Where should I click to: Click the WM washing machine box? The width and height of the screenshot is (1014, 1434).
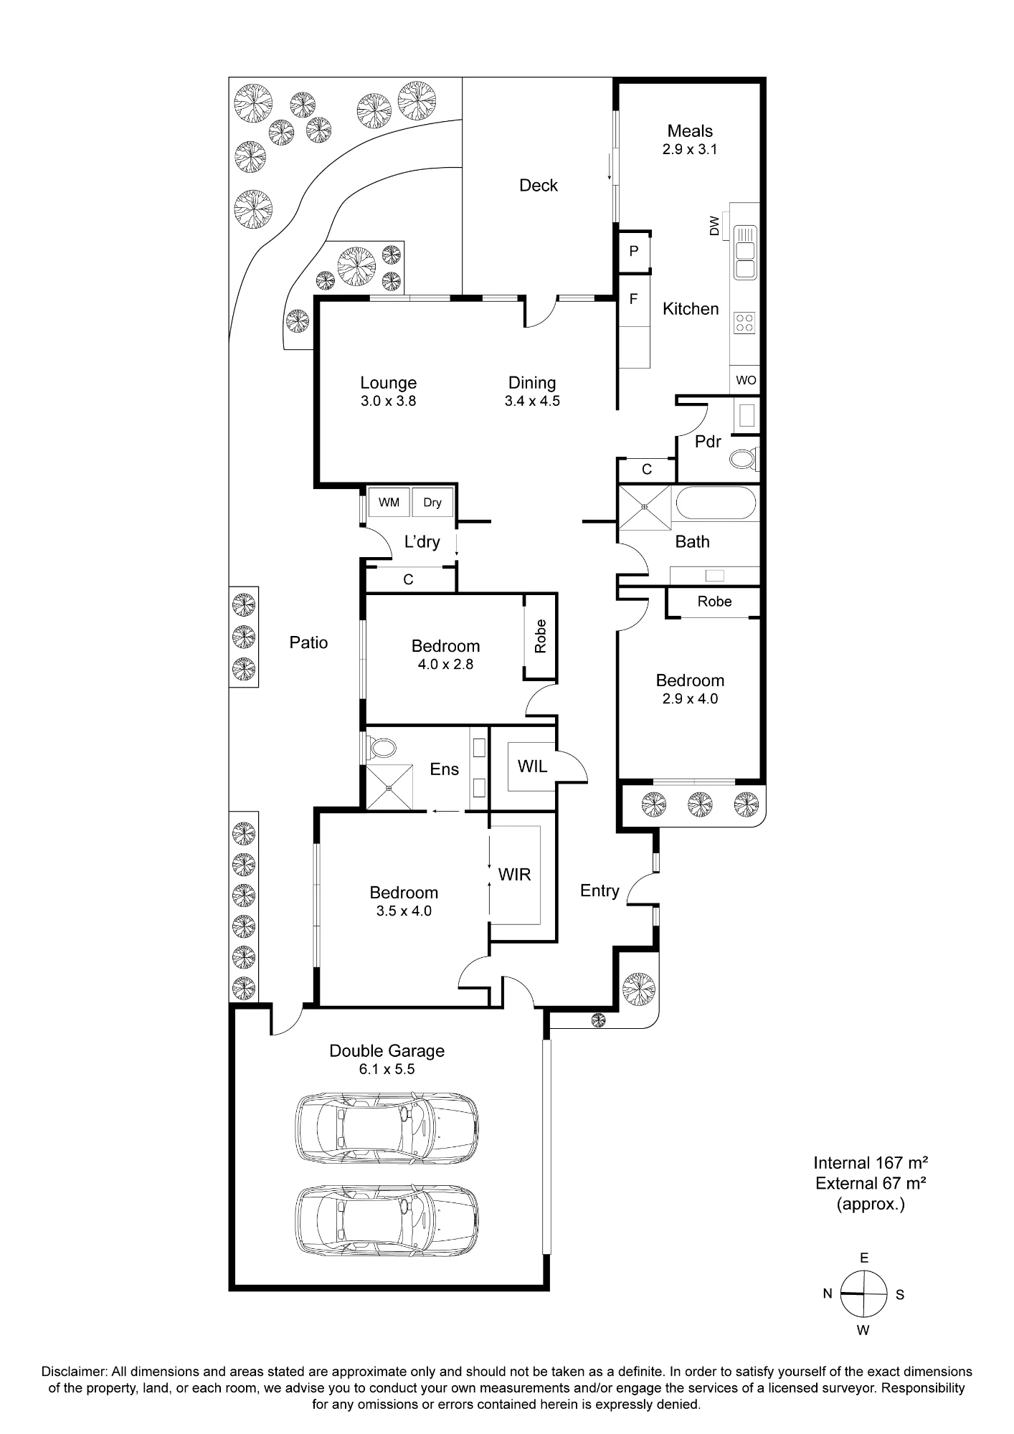[389, 502]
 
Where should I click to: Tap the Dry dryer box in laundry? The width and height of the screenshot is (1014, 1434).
[432, 502]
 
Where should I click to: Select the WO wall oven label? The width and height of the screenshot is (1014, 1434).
[746, 380]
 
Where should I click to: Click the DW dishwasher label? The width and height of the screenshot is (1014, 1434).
[714, 226]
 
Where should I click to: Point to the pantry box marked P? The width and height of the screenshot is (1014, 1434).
[634, 251]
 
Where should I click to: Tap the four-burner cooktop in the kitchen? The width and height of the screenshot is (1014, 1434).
[745, 323]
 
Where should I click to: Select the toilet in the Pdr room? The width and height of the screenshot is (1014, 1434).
[744, 458]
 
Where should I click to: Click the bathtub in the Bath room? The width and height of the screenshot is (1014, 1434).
[716, 503]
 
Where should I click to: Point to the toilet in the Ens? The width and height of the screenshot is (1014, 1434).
[380, 748]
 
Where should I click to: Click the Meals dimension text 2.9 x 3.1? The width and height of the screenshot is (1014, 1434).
[690, 150]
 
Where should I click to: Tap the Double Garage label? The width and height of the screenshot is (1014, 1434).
[387, 1051]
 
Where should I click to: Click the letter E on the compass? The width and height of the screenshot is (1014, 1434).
[865, 1258]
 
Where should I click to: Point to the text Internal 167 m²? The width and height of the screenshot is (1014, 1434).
[871, 1163]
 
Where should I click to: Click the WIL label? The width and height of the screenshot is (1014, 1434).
[532, 766]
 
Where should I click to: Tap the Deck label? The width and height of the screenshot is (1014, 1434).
[539, 186]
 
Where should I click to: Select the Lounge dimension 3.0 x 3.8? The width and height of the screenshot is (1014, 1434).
[389, 401]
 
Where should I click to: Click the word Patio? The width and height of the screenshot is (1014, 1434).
[309, 642]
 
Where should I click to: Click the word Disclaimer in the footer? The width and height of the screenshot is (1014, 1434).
[75, 1372]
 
